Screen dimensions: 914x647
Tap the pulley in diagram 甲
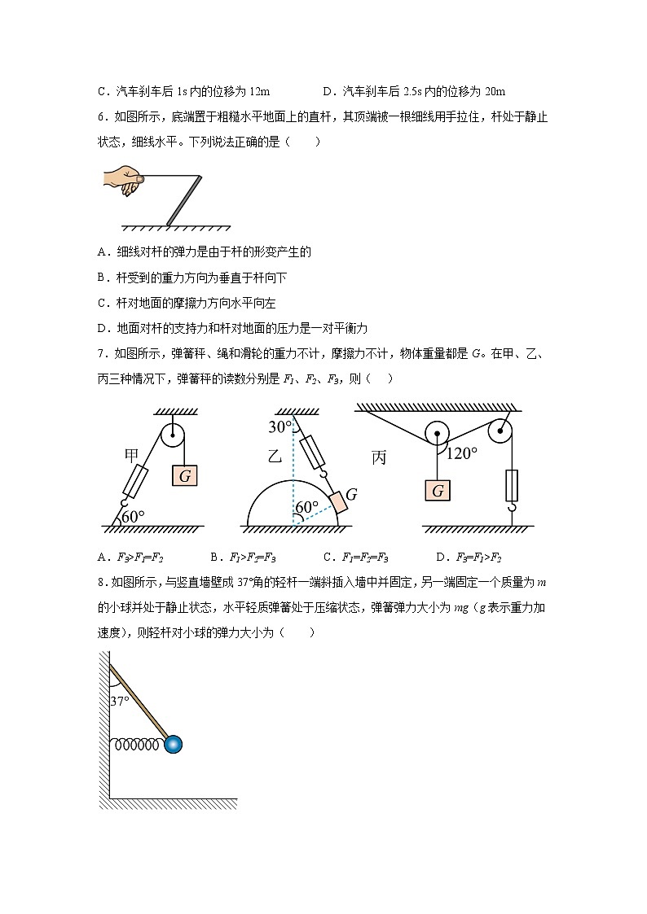[x=173, y=435]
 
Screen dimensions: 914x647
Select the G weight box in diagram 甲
[x=185, y=476]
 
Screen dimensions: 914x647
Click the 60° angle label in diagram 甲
[x=133, y=516]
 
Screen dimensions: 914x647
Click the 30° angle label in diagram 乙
[x=280, y=427]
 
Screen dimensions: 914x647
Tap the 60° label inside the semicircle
[x=306, y=507]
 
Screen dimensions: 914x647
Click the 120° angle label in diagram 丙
[x=462, y=454]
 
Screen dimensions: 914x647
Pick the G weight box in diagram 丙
[x=438, y=491]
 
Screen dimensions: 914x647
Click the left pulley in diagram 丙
[x=438, y=433]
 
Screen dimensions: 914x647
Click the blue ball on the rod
[x=173, y=743]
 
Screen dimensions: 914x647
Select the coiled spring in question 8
[x=139, y=743]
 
